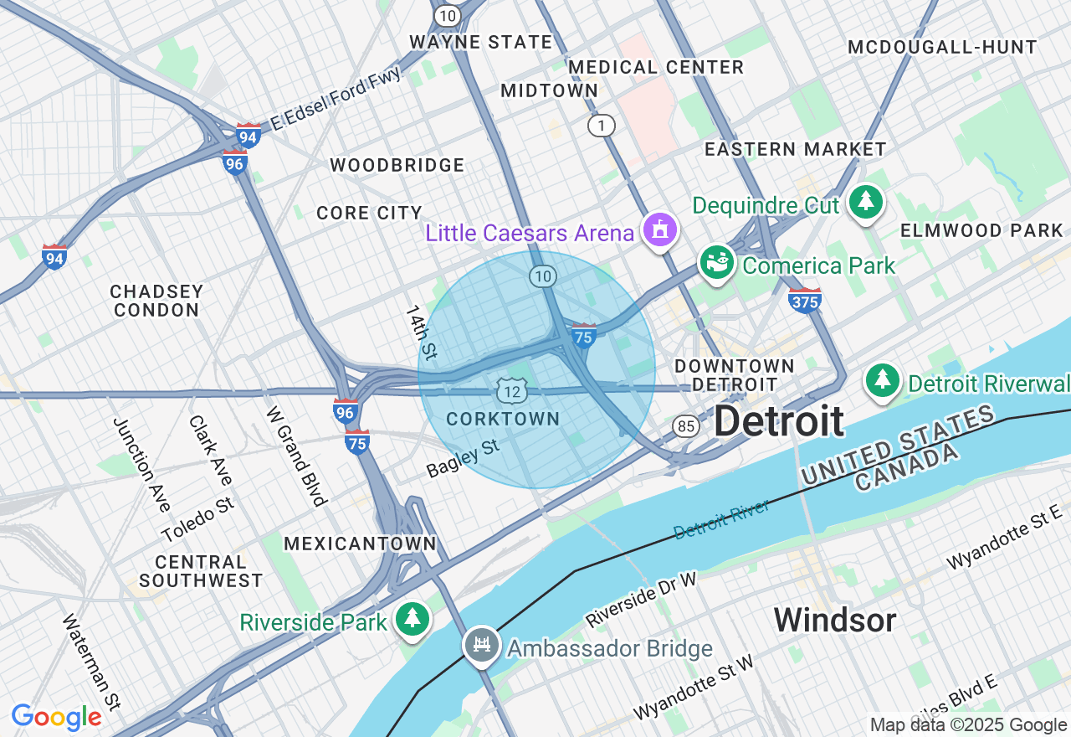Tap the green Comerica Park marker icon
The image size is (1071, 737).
tap(717, 263)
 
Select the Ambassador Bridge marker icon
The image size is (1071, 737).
tap(482, 647)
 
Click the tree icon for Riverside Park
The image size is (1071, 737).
tap(412, 620)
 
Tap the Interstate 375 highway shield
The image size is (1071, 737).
tap(804, 299)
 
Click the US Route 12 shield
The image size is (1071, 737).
tap(511, 390)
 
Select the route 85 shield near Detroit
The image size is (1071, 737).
tap(686, 426)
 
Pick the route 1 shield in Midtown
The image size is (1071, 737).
tap(601, 126)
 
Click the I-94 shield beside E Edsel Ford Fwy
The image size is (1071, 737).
tap(248, 136)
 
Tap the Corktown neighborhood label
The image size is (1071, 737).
tap(503, 419)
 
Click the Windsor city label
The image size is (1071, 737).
tap(834, 621)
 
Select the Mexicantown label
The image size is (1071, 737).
tap(360, 544)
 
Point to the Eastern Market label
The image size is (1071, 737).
tap(795, 150)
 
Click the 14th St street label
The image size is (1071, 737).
tap(422, 332)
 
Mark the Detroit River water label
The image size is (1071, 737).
tap(721, 519)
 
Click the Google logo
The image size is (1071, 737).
tap(56, 718)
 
